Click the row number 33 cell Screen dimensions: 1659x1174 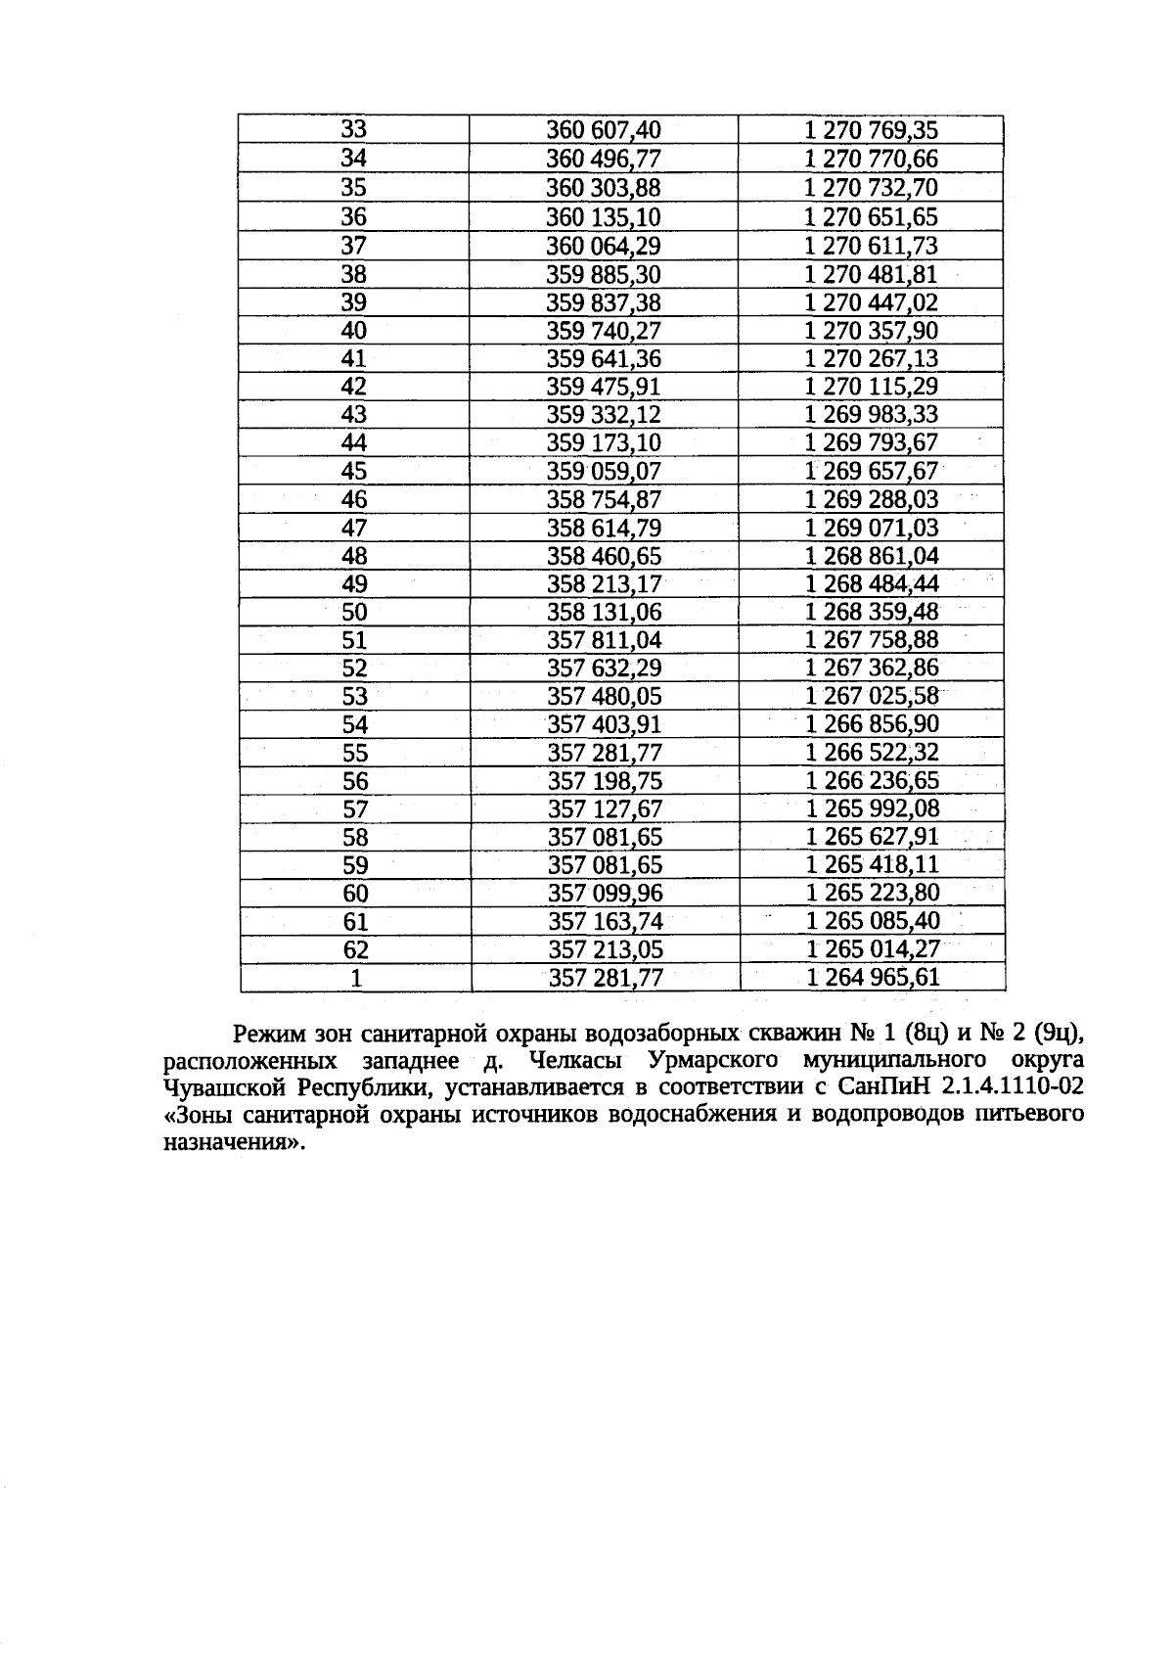pos(353,130)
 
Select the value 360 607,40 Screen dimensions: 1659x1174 pos(604,130)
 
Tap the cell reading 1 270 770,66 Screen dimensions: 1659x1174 pos(871,159)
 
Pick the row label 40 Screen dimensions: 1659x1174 pos(353,331)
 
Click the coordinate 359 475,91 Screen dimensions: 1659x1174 pos(604,387)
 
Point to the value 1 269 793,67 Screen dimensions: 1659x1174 pos(871,443)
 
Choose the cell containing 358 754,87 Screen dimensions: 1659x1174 pos(604,500)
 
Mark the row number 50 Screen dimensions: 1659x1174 pos(354,614)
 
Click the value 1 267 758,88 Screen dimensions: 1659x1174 pos(872,641)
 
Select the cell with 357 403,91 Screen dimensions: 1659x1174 pos(605,725)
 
